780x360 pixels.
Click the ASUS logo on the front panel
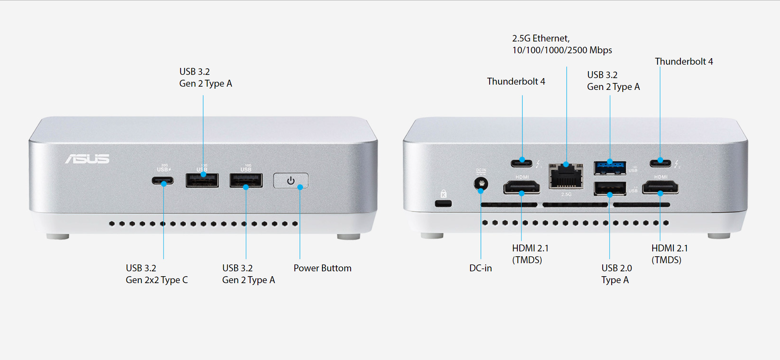click(87, 159)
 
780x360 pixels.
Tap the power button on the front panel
click(290, 181)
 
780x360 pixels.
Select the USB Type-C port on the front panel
click(163, 180)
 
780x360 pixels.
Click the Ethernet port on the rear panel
click(566, 176)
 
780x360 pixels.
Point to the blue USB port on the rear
click(610, 167)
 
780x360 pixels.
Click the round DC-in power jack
click(481, 183)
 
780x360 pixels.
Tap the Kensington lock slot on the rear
click(443, 203)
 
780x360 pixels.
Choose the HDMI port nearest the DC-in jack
click(522, 188)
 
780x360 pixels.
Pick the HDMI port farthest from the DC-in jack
click(660, 188)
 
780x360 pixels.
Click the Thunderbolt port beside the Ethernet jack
click(522, 163)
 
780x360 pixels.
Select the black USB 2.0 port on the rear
click(610, 188)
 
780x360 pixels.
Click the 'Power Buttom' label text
click(322, 268)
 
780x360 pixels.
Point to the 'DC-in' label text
click(481, 268)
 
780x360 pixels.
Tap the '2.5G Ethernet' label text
click(541, 38)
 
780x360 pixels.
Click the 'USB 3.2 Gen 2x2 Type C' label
click(157, 274)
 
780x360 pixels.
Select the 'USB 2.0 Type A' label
click(617, 274)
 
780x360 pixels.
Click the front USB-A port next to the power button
click(246, 180)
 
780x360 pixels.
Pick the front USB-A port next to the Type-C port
click(202, 180)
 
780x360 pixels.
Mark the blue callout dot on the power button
click(300, 187)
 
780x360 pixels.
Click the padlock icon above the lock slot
click(444, 194)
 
